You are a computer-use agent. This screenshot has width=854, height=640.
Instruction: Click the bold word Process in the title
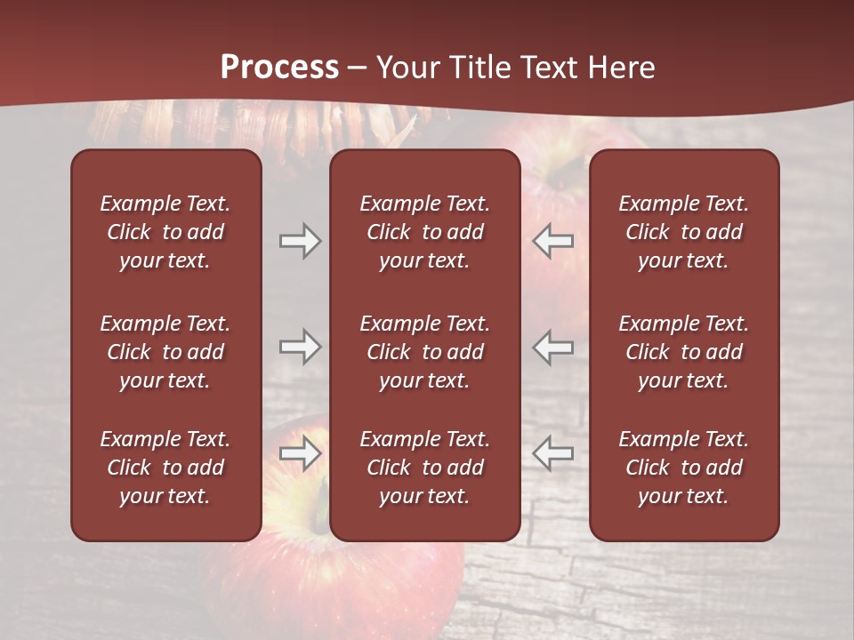pyautogui.click(x=279, y=68)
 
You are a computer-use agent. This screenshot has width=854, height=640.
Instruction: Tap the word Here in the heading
pyautogui.click(x=620, y=68)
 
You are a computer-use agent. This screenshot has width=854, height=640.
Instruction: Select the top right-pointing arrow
pyautogui.click(x=300, y=241)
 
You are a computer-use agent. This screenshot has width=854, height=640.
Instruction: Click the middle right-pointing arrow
pyautogui.click(x=300, y=348)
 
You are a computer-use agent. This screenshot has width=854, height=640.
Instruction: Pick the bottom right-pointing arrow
pyautogui.click(x=300, y=453)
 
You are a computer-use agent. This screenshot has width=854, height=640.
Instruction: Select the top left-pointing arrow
pyautogui.click(x=553, y=241)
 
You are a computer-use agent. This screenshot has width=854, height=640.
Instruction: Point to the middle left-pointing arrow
pyautogui.click(x=553, y=348)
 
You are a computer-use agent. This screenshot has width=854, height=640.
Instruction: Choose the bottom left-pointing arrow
pyautogui.click(x=553, y=453)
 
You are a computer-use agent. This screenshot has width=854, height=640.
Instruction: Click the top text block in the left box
pyautogui.click(x=165, y=232)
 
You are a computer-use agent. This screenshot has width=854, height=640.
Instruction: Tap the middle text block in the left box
pyautogui.click(x=165, y=352)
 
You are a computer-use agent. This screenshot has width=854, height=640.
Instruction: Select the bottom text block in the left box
pyautogui.click(x=165, y=468)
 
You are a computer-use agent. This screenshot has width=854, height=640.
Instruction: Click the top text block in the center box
pyautogui.click(x=424, y=232)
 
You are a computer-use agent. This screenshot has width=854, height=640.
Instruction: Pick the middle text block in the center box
pyautogui.click(x=424, y=352)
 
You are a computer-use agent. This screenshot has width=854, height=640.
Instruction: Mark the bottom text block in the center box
pyautogui.click(x=424, y=468)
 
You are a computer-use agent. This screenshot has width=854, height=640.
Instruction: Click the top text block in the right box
pyautogui.click(x=683, y=232)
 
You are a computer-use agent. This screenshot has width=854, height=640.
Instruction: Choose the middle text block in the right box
pyautogui.click(x=683, y=352)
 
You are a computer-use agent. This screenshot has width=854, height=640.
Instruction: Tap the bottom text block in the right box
pyautogui.click(x=683, y=468)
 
